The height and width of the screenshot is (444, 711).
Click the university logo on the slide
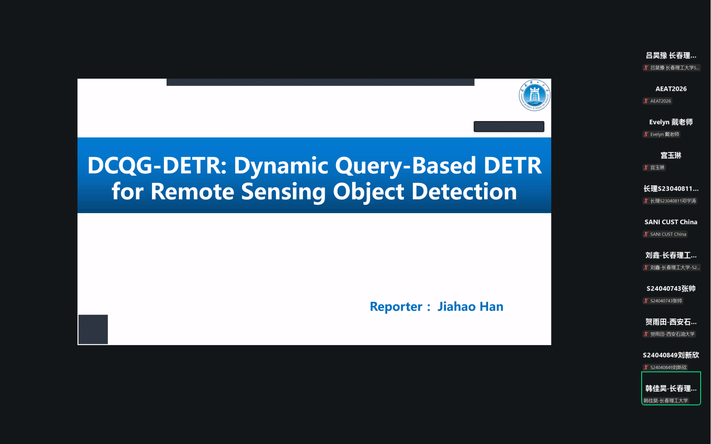[534, 95]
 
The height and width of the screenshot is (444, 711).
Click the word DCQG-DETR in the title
[157, 165]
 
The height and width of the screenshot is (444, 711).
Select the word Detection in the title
[464, 192]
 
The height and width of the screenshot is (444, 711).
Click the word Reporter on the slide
[396, 307]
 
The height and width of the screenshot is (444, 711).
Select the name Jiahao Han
[470, 307]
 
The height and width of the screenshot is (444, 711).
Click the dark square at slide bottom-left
[93, 329]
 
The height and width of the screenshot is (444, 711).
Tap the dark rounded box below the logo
[509, 126]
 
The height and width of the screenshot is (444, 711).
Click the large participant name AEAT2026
[671, 89]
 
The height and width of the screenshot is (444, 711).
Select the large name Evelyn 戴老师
[671, 122]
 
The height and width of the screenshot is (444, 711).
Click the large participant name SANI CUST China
[671, 222]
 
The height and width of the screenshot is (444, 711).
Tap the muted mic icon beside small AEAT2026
[646, 101]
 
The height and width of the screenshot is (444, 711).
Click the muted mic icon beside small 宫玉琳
[646, 168]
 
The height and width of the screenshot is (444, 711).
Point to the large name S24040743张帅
[671, 288]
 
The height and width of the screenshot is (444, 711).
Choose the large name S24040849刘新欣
[671, 355]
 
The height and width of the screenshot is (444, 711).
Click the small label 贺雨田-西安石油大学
[672, 334]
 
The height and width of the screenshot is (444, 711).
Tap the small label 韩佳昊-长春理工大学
[665, 401]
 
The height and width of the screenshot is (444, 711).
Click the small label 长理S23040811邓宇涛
[673, 201]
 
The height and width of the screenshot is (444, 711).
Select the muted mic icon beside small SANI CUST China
[646, 234]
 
